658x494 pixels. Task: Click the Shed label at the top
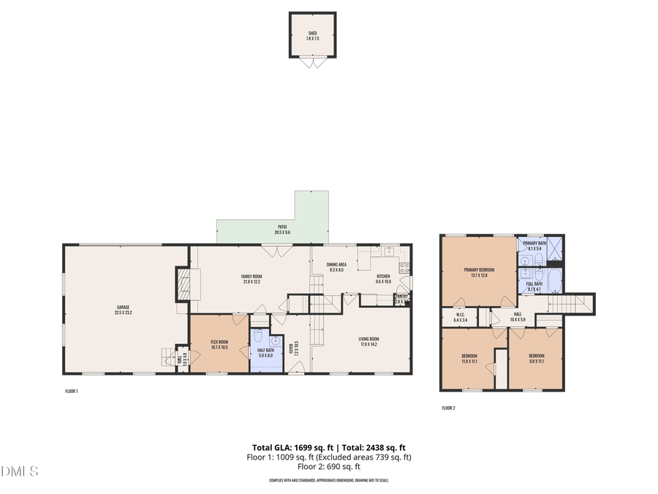[x=312, y=34]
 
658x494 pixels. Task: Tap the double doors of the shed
[x=313, y=63]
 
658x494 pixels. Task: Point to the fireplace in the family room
[x=184, y=284]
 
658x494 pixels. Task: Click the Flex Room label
[x=219, y=344]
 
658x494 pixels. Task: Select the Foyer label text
[x=290, y=347]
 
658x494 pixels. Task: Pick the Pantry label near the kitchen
[x=401, y=297]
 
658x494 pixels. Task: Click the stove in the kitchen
[x=404, y=267]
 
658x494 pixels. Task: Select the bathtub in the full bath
[x=553, y=280]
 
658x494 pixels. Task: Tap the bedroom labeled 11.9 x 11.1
[x=469, y=359]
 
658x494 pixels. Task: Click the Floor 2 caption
[x=448, y=408]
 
